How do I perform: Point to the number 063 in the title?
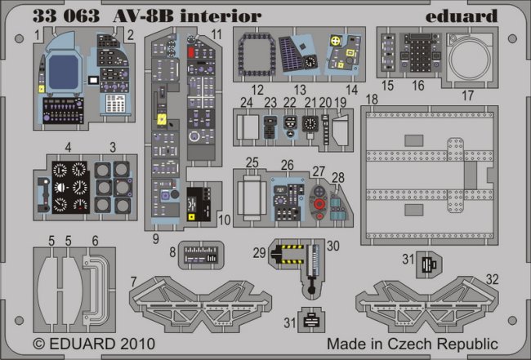83,16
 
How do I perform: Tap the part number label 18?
371,99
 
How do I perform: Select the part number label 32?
492,278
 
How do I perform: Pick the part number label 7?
132,282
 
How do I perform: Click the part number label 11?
216,33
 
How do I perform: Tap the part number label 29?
258,252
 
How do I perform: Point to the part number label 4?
69,147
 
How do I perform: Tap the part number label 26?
287,164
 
